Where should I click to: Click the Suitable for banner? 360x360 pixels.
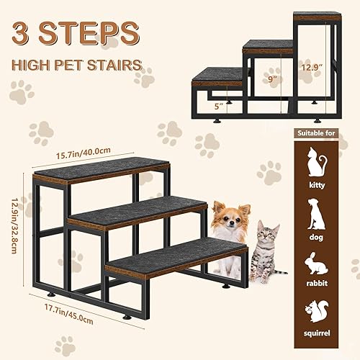[x=317, y=134]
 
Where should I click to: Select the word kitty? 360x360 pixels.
[x=317, y=186]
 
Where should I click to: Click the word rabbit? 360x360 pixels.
[x=317, y=284]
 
